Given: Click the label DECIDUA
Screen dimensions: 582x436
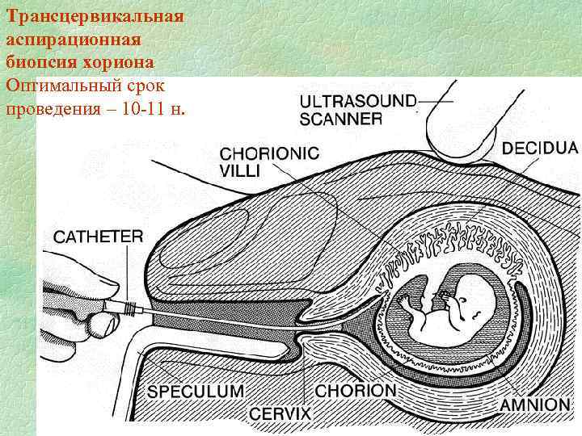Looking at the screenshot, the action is pyautogui.click(x=540, y=149).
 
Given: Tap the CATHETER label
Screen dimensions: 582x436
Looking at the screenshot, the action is pyautogui.click(x=99, y=237).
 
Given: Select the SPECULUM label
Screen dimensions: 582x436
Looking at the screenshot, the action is pyautogui.click(x=195, y=392).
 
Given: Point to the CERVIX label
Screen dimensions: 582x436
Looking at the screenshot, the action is pyautogui.click(x=280, y=413).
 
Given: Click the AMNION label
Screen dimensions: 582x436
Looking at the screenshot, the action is pyautogui.click(x=534, y=405).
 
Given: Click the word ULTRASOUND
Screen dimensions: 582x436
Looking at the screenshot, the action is pyautogui.click(x=358, y=102).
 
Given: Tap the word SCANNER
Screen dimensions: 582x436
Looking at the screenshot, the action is pyautogui.click(x=340, y=119).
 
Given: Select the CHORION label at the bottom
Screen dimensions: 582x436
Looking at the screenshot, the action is pyautogui.click(x=356, y=391).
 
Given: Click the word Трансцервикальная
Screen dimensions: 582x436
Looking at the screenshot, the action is pyautogui.click(x=94, y=16).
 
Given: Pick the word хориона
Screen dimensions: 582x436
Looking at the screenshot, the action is pyautogui.click(x=121, y=61).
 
